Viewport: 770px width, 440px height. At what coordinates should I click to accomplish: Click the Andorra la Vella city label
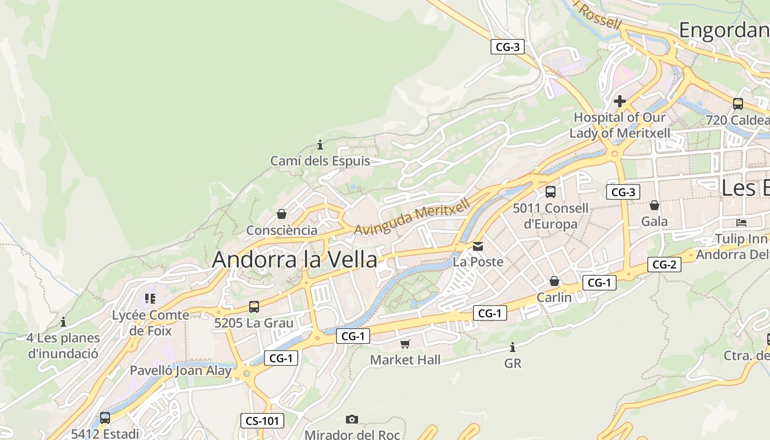(294, 259)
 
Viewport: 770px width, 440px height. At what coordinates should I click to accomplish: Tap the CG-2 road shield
(664, 265)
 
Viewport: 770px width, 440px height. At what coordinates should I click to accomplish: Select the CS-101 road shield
(262, 421)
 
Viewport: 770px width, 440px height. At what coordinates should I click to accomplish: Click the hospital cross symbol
(620, 101)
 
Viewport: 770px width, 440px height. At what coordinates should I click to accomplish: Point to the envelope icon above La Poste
(478, 246)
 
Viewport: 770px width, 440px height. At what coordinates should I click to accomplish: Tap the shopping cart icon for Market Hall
(405, 344)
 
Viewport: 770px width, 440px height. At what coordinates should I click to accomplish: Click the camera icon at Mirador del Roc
(352, 419)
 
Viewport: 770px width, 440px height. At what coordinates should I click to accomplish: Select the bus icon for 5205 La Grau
(254, 307)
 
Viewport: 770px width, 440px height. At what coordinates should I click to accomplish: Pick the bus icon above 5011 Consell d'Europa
(550, 192)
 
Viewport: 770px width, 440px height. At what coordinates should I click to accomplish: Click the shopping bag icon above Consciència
(282, 214)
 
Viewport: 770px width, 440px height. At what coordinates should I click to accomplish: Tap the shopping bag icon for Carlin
(554, 281)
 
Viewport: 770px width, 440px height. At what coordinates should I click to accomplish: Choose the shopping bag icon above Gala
(654, 205)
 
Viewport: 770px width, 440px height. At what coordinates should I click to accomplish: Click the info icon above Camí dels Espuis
(320, 145)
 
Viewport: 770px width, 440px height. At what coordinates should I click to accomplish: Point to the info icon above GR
(513, 348)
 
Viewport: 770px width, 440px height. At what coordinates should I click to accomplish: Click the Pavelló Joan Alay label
(180, 371)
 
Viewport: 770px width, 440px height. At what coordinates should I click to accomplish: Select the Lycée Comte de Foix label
(150, 323)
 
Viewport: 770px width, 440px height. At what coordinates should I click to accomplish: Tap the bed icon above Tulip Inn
(741, 223)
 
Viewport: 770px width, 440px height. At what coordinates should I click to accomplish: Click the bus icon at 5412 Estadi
(105, 418)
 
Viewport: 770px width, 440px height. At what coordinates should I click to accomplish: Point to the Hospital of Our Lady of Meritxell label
(620, 125)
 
